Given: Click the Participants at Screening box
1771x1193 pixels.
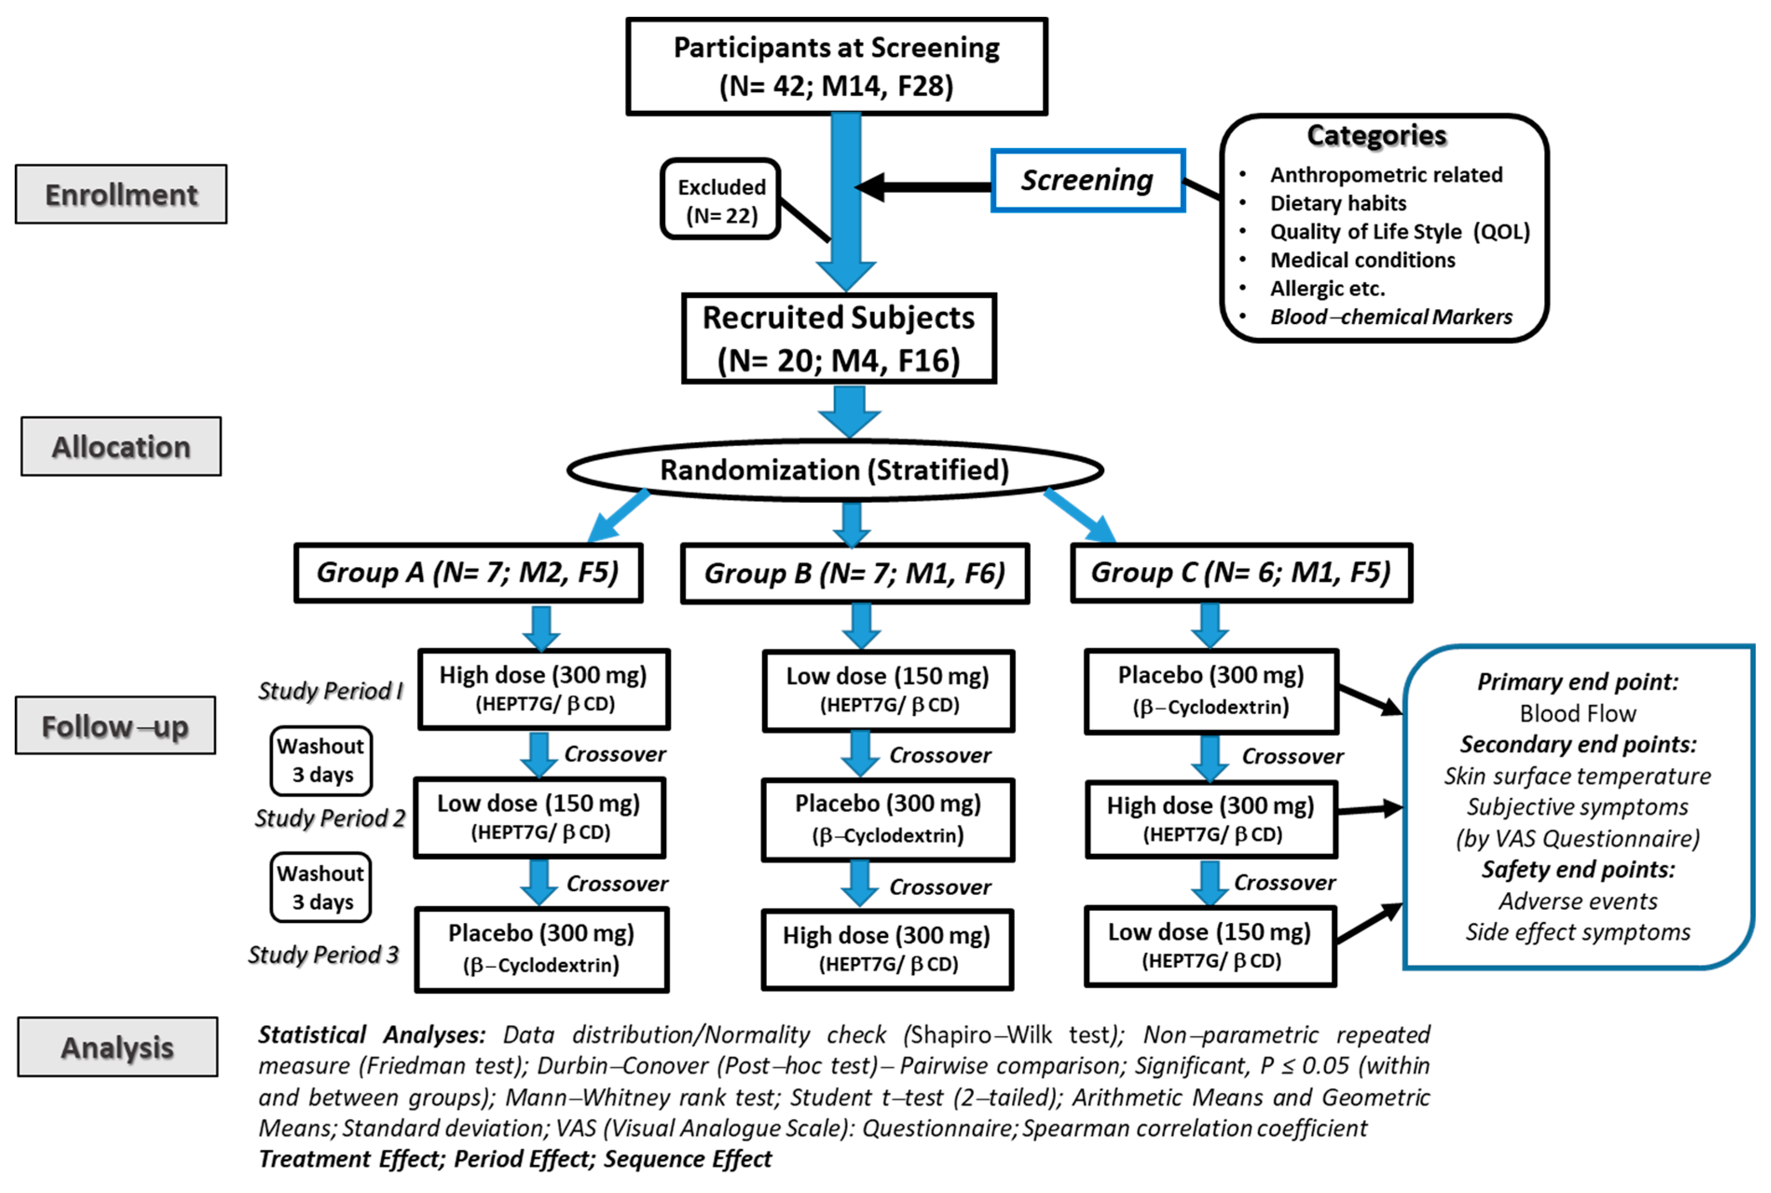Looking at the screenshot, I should (836, 67).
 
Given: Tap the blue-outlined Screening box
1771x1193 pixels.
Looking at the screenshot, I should (1087, 180).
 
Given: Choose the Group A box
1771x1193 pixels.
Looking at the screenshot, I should (468, 573).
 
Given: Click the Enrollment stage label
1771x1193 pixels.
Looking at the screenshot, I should (121, 195).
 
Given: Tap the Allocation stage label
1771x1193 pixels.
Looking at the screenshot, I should (121, 447).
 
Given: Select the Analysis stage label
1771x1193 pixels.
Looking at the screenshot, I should (117, 1048).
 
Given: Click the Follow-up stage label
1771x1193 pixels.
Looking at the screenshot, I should (115, 726).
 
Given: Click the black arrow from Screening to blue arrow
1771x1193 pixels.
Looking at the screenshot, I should (925, 186).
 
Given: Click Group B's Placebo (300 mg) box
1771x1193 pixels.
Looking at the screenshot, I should (888, 819).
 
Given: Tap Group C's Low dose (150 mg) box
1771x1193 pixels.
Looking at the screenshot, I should (1210, 946).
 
